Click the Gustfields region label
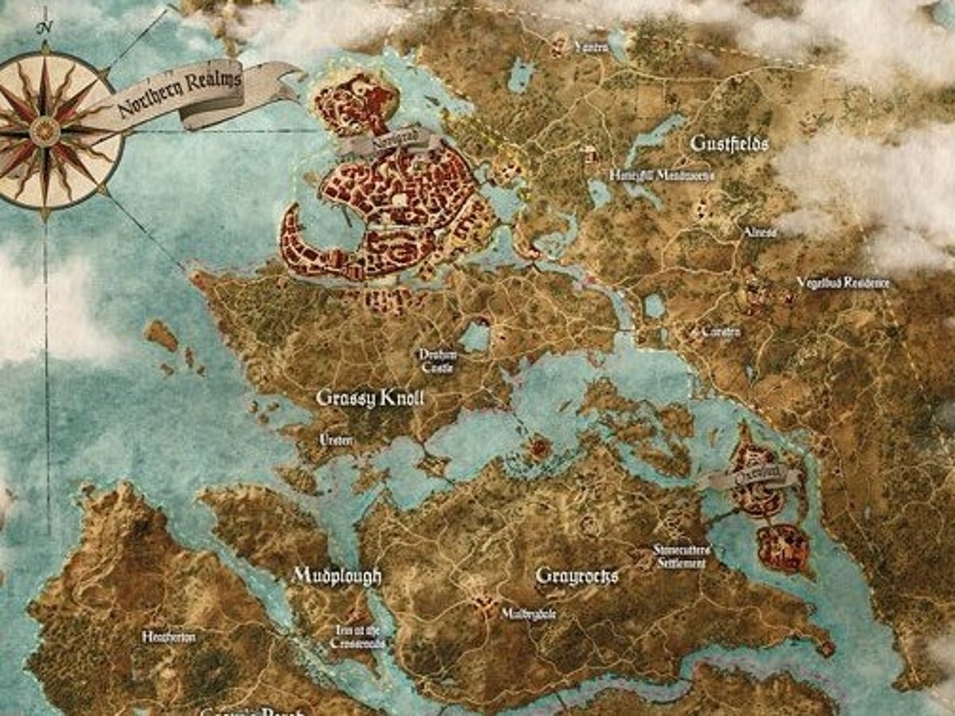coord(729,144)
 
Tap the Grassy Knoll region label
coord(370,399)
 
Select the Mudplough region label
coord(337,575)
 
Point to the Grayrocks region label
coord(577,575)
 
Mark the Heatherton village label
coord(169,636)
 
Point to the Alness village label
coord(759,232)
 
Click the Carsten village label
coord(720,332)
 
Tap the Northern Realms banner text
coord(179,94)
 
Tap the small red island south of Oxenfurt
coord(783,548)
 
